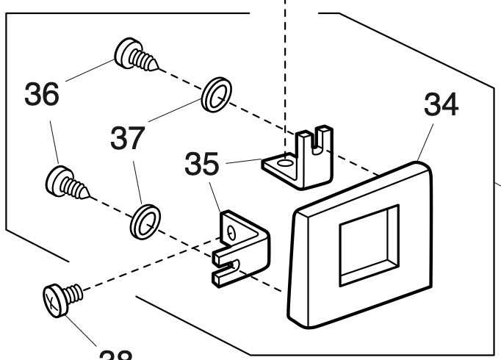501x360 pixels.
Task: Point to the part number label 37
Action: click(x=130, y=137)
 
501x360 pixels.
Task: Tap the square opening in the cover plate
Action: click(x=368, y=245)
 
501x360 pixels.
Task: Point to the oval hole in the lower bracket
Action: click(x=231, y=233)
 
